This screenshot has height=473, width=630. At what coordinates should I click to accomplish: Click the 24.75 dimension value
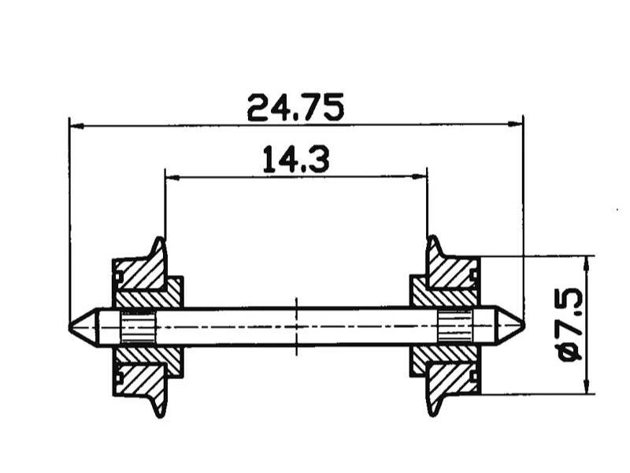click(x=295, y=107)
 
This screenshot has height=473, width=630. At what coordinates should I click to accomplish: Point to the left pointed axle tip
click(x=72, y=326)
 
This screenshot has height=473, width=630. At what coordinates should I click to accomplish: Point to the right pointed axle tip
click(x=521, y=326)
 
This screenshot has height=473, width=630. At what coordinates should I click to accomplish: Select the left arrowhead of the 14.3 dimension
click(x=169, y=177)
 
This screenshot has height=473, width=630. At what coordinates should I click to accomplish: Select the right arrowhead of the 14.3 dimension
click(x=423, y=177)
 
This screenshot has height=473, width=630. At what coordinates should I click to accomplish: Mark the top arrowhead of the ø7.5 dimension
click(x=587, y=259)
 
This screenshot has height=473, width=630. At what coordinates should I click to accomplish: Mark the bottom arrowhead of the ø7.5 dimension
click(x=587, y=389)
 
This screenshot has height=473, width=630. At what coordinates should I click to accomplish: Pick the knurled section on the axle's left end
click(x=139, y=326)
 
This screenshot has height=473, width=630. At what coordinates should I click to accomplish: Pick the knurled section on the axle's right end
click(x=455, y=326)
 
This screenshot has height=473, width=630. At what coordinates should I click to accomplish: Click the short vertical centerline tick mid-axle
click(x=296, y=326)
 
